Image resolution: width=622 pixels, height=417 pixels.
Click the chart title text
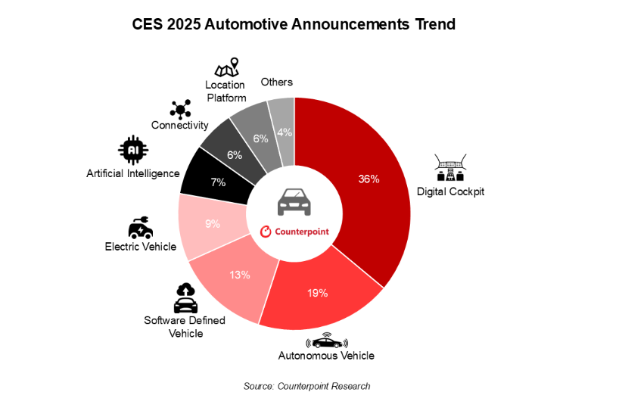(x=294, y=24)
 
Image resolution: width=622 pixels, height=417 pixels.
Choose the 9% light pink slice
(x=212, y=223)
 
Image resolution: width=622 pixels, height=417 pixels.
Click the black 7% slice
(x=219, y=182)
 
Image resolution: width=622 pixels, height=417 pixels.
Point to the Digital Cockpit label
(x=450, y=191)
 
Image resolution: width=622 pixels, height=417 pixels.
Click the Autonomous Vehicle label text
(x=326, y=356)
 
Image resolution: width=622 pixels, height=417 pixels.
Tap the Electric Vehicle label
(x=141, y=247)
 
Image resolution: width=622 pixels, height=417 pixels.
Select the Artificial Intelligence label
(x=133, y=173)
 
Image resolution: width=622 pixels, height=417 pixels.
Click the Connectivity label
(x=179, y=125)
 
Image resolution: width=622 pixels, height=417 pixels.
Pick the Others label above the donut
(x=277, y=82)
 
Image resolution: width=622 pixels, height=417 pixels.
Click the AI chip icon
(x=133, y=150)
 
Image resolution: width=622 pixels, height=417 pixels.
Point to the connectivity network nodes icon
(x=180, y=109)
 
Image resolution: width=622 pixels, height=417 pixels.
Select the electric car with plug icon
(x=140, y=227)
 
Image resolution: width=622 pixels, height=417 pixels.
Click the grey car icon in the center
(x=294, y=201)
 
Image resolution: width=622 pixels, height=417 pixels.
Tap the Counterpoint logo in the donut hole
(x=294, y=232)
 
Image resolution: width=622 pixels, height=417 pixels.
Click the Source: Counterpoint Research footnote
(x=306, y=386)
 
